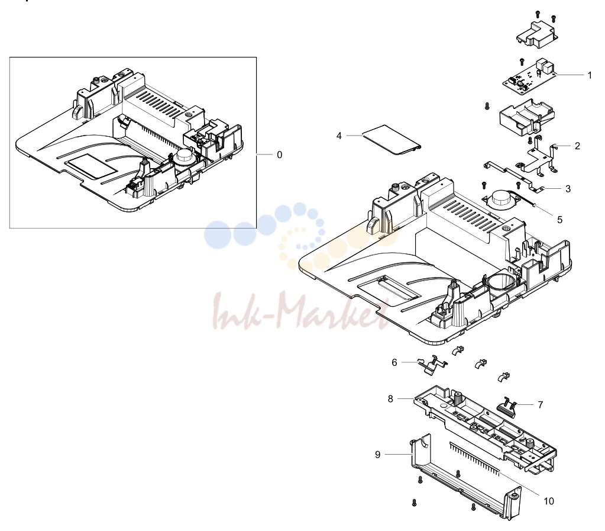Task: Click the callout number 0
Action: pos(279,155)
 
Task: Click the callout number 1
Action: pos(590,75)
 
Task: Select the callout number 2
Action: pos(577,146)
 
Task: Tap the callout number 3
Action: pos(568,189)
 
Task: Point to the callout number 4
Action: pos(339,136)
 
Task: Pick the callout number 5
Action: pos(560,220)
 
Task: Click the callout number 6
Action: pos(394,363)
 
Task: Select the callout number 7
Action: pos(540,405)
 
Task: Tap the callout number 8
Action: pos(390,399)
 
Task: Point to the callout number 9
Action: pos(378,455)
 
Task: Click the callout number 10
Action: pos(549,501)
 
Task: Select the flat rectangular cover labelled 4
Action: pos(392,140)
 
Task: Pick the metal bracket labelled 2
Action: pos(539,157)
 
